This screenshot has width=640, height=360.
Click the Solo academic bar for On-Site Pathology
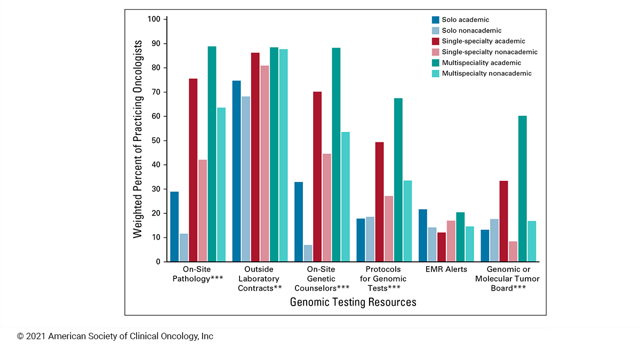pos(174,227)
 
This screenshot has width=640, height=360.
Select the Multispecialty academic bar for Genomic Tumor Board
pos(523,189)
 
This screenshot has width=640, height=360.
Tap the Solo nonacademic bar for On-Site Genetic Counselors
pos(308,253)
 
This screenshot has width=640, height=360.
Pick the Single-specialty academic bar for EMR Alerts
pos(441,247)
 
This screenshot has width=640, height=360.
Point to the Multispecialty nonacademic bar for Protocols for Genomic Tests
pos(407,221)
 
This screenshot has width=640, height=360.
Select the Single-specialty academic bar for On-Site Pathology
pos(193,170)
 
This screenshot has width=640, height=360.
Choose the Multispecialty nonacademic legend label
pos(486,74)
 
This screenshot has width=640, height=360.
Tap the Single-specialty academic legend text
pos(483,41)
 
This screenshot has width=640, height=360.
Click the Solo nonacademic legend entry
pos(471,30)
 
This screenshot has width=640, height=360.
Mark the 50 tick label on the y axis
pos(156,141)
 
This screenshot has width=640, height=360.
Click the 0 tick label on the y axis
pos(158,262)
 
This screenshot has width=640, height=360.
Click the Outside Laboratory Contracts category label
pos(259,278)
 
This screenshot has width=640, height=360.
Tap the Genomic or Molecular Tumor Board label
pos(513,278)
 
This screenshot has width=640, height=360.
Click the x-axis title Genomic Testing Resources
pos(353,302)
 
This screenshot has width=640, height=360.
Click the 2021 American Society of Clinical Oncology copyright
pos(115,337)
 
